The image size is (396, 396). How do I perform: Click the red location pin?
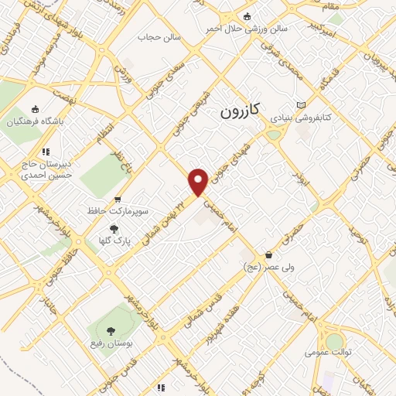coord(198,182)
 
